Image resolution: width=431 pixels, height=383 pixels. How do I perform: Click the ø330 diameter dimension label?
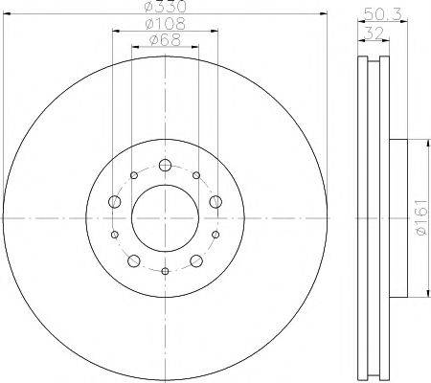(164, 8)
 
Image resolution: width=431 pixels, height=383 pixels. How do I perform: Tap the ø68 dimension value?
(164, 41)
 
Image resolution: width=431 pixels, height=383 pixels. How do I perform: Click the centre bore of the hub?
(164, 217)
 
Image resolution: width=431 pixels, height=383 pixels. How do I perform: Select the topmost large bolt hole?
(164, 164)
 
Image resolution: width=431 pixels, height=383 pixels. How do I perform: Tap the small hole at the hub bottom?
(165, 272)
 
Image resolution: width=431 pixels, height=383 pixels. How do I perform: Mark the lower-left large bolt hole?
(132, 260)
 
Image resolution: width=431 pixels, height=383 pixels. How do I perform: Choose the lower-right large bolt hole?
(196, 260)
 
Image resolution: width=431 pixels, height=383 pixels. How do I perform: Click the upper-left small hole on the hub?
(132, 175)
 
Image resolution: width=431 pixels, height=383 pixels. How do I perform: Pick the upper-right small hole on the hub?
(196, 175)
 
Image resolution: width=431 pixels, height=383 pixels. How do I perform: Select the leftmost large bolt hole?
(113, 201)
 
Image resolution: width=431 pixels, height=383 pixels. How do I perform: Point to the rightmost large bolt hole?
(215, 201)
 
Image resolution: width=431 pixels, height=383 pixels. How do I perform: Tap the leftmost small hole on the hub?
(113, 235)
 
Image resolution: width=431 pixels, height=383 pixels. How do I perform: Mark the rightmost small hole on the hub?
(215, 235)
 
